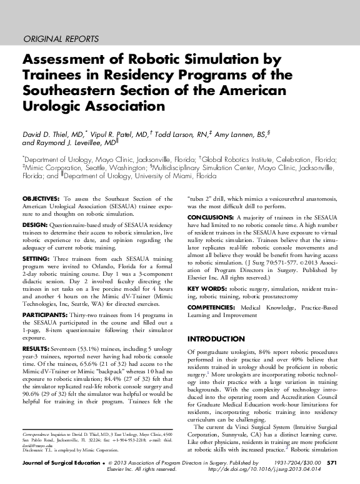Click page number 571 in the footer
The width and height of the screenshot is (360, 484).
pyautogui.click(x=332, y=463)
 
